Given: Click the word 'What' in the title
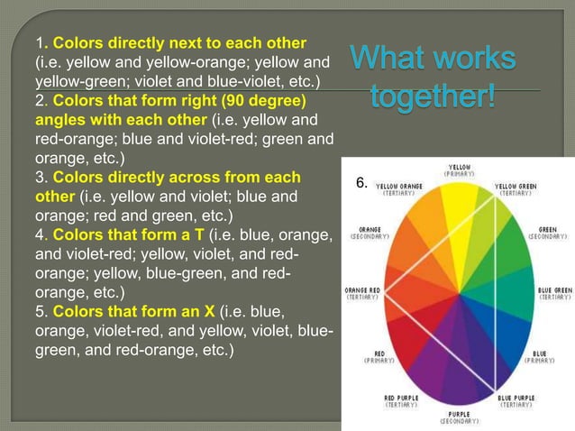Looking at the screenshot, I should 389,61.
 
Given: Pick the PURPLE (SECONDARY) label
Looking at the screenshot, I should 459,418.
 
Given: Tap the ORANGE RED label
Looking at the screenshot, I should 363,293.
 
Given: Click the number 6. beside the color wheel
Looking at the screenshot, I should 361,183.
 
